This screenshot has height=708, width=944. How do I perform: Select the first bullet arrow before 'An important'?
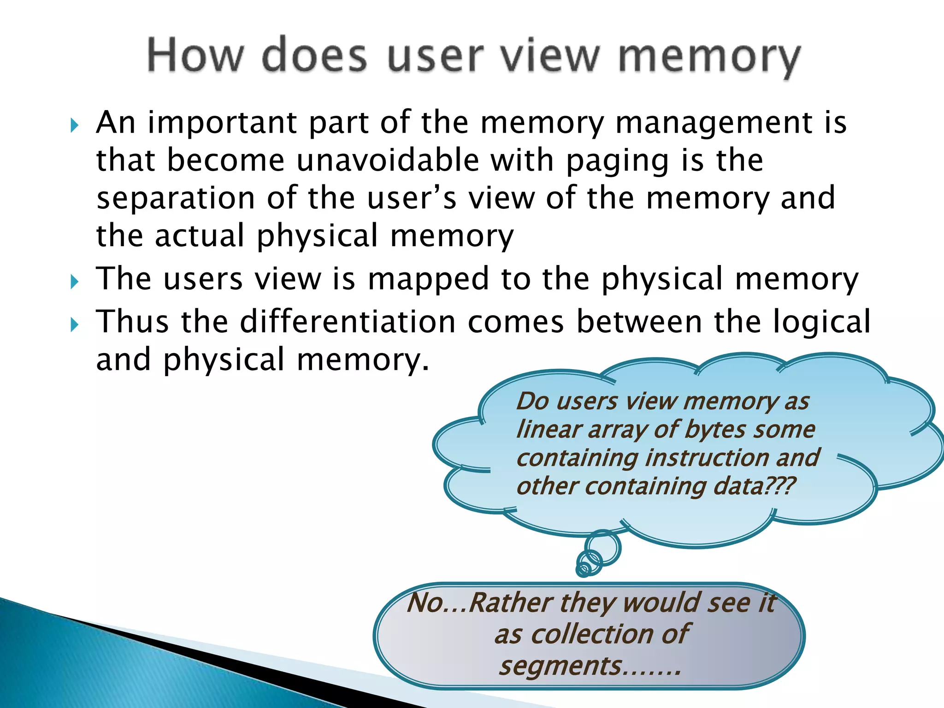click(75, 125)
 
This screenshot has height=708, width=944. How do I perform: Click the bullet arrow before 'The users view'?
click(75, 281)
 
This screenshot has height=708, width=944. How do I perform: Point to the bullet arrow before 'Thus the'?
click(75, 324)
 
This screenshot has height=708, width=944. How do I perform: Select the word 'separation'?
click(176, 199)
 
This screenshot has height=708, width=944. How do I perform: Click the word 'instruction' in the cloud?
click(706, 458)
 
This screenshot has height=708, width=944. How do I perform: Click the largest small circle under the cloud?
click(603, 547)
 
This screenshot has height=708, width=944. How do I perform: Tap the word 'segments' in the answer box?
click(560, 666)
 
